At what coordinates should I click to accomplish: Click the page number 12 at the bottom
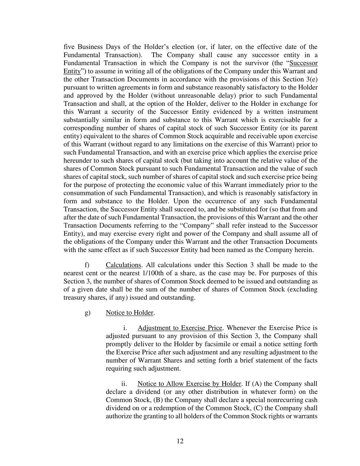[x=180, y=441]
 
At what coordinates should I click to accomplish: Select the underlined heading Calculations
[x=123, y=265]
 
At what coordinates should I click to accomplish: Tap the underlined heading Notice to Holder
[x=130, y=313]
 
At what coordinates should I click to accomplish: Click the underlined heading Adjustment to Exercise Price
[x=180, y=328]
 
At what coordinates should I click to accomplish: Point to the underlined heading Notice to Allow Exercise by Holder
[x=189, y=384]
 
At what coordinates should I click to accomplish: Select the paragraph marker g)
[x=87, y=313]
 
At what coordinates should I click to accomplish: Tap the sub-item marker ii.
[x=124, y=384]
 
